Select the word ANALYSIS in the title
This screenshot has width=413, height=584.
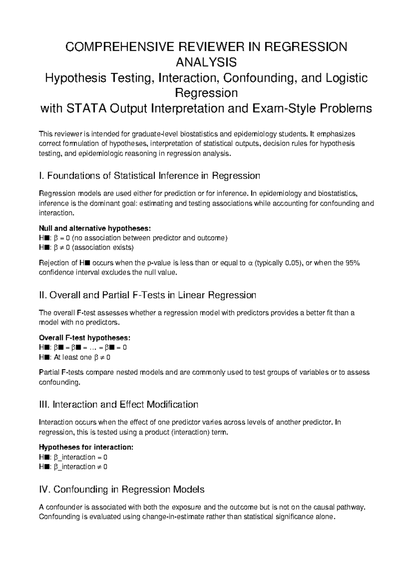pos(206,62)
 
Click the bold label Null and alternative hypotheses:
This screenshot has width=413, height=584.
pos(95,228)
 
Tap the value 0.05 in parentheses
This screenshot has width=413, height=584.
pos(292,263)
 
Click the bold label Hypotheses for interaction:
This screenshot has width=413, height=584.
pos(86,447)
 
